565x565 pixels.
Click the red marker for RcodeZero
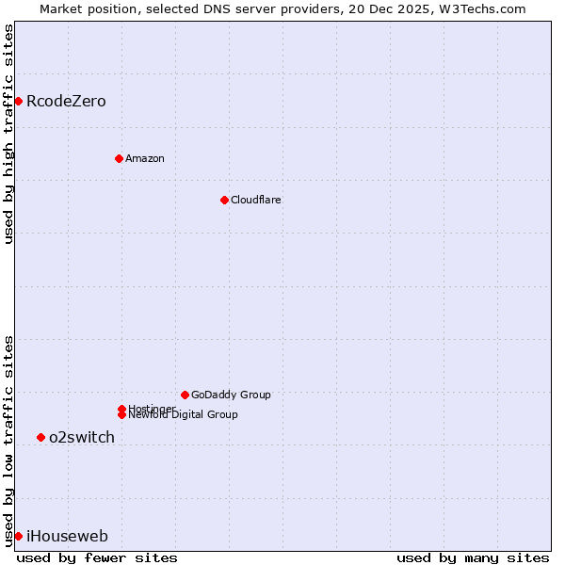18,101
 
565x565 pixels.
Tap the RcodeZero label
66,102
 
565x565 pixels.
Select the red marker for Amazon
119,158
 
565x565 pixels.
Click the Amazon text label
145,158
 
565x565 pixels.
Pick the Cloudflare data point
224,200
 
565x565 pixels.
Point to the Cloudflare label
256,200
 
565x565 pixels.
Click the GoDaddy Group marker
185,395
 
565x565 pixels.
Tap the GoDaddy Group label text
231,395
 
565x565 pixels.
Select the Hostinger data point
121,409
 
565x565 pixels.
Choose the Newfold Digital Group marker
121,415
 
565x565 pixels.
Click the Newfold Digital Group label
184,415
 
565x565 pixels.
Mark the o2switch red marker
40,437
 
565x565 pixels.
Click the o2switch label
82,438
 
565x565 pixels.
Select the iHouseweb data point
18,536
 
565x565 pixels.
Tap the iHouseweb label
67,537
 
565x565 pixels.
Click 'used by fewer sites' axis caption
97,557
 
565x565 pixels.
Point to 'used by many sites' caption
473,557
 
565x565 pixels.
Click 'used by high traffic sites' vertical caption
8,134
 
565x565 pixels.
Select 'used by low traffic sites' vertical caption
8,441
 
